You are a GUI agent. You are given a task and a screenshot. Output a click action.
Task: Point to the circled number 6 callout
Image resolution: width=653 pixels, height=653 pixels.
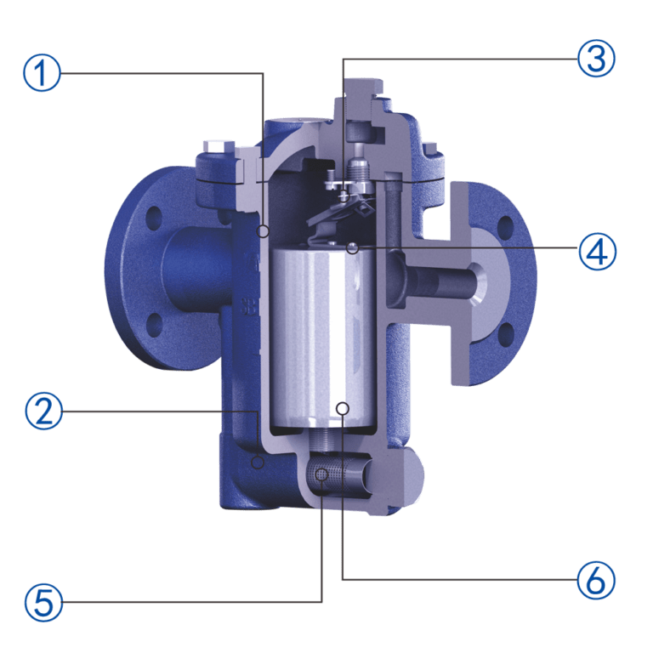(x=595, y=581)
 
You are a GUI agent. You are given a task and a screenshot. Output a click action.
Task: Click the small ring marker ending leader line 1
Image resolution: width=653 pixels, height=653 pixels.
(x=264, y=230)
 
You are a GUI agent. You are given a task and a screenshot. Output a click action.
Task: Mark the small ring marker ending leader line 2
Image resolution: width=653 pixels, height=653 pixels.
(x=258, y=461)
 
